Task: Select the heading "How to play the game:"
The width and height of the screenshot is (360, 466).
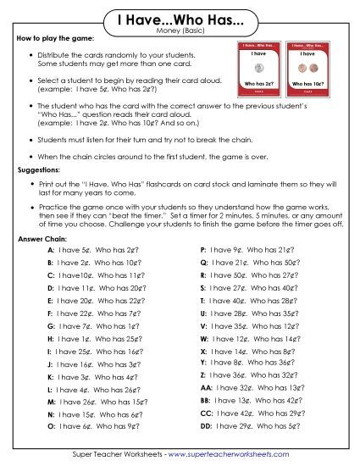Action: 54,40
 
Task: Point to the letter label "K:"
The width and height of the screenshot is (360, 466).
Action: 50,376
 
